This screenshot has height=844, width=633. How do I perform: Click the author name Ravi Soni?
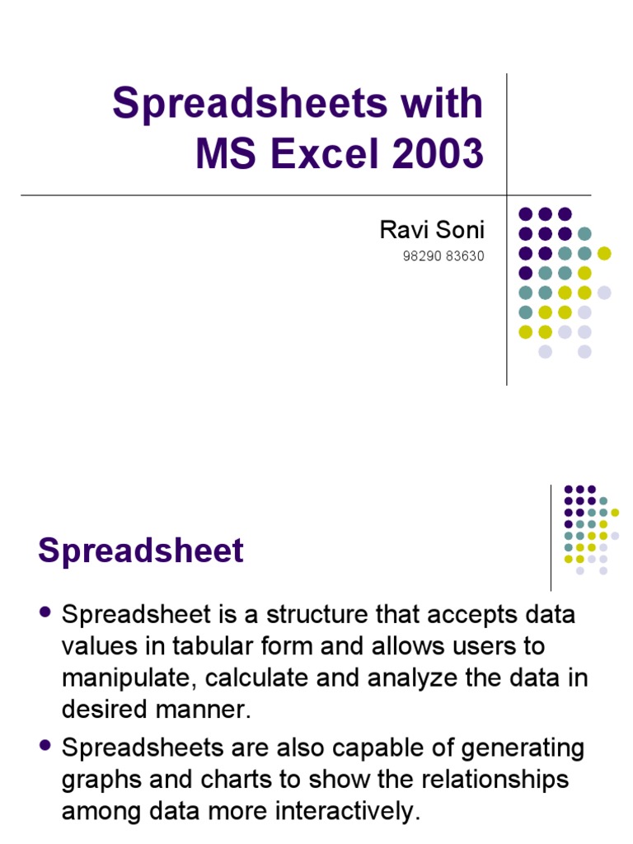pyautogui.click(x=431, y=230)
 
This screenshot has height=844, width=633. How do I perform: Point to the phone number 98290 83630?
pyautogui.click(x=443, y=256)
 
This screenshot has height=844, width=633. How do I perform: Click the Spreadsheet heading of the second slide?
pyautogui.click(x=141, y=551)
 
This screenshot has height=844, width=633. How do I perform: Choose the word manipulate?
pyautogui.click(x=127, y=678)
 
